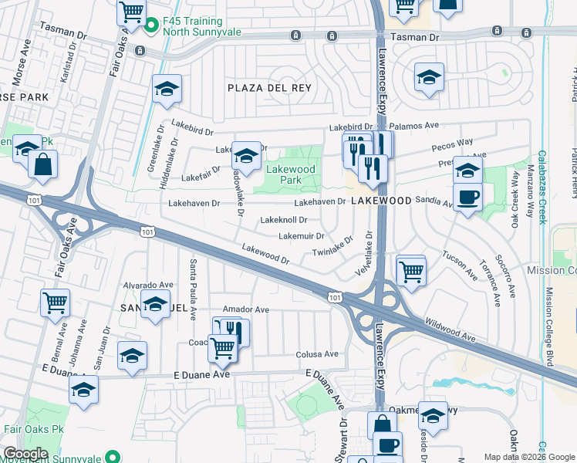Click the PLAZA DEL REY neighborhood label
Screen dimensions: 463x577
coord(269,88)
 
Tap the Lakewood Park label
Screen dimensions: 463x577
coord(290,174)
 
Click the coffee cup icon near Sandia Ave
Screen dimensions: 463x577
coord(467,197)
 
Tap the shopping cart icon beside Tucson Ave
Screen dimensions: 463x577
coord(412,271)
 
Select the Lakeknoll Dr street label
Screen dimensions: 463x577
coord(284,220)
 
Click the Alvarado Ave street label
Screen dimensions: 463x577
coord(150,285)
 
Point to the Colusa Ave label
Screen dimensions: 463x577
coord(317,354)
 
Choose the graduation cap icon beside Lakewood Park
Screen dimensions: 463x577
coord(246,155)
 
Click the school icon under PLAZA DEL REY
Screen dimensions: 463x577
coord(166,90)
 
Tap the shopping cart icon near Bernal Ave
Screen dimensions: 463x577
coord(55,303)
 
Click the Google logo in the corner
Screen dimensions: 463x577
coord(25,453)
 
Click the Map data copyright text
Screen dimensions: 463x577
coord(528,457)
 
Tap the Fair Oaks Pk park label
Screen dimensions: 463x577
coord(34,429)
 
